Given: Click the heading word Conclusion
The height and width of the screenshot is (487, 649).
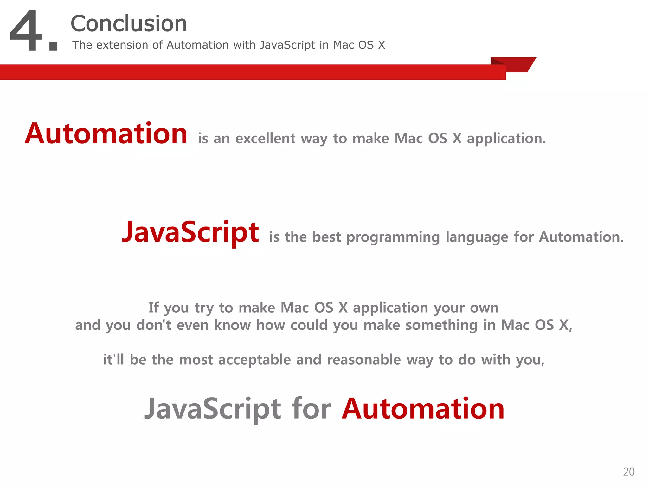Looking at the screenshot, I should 129,24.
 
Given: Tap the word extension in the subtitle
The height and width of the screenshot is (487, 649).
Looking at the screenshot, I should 123,45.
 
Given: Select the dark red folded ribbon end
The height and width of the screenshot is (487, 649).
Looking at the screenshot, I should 517,65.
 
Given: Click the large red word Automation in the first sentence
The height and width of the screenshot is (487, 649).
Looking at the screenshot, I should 106,134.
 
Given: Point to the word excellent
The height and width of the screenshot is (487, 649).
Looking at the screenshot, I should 266,139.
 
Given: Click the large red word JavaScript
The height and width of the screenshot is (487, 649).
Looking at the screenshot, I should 190,232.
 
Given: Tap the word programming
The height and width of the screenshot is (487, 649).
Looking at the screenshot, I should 393,237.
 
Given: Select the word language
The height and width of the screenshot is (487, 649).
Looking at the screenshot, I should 477,237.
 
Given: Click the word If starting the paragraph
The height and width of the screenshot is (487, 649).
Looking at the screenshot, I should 154,308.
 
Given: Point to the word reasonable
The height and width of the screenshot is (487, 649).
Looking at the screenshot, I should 364,360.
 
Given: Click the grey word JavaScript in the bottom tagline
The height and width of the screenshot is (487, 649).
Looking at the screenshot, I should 213,409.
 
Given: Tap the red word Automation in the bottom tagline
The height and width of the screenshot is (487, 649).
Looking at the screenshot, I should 423,409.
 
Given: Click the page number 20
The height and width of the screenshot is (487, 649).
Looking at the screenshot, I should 629,472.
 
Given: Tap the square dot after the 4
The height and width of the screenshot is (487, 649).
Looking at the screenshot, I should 53,46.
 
